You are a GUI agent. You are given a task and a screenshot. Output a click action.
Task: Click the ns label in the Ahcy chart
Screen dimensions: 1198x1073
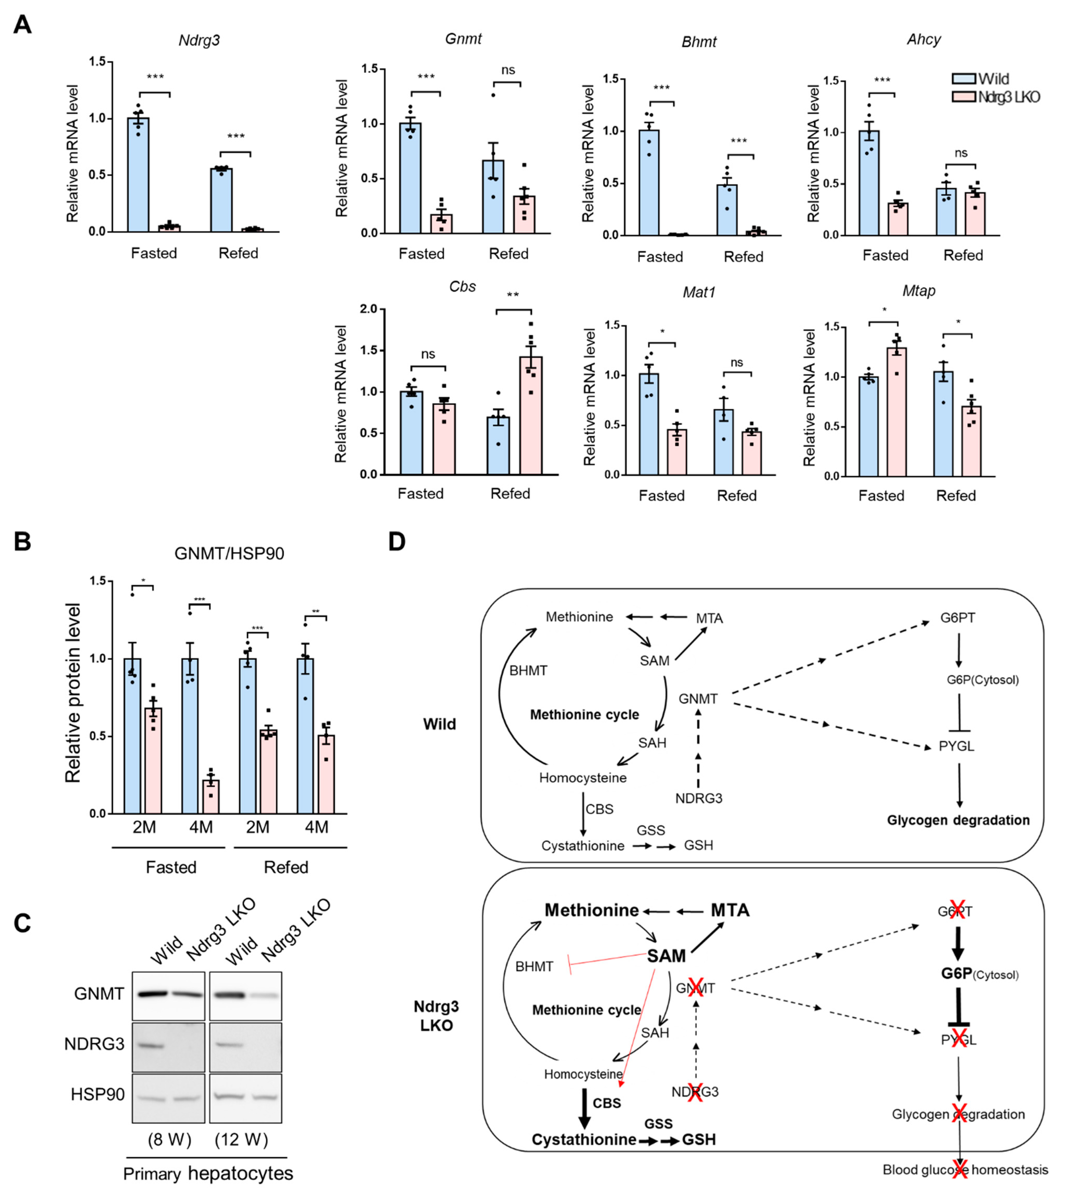coord(961,153)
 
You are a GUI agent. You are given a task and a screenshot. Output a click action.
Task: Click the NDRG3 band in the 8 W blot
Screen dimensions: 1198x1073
coord(150,1045)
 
